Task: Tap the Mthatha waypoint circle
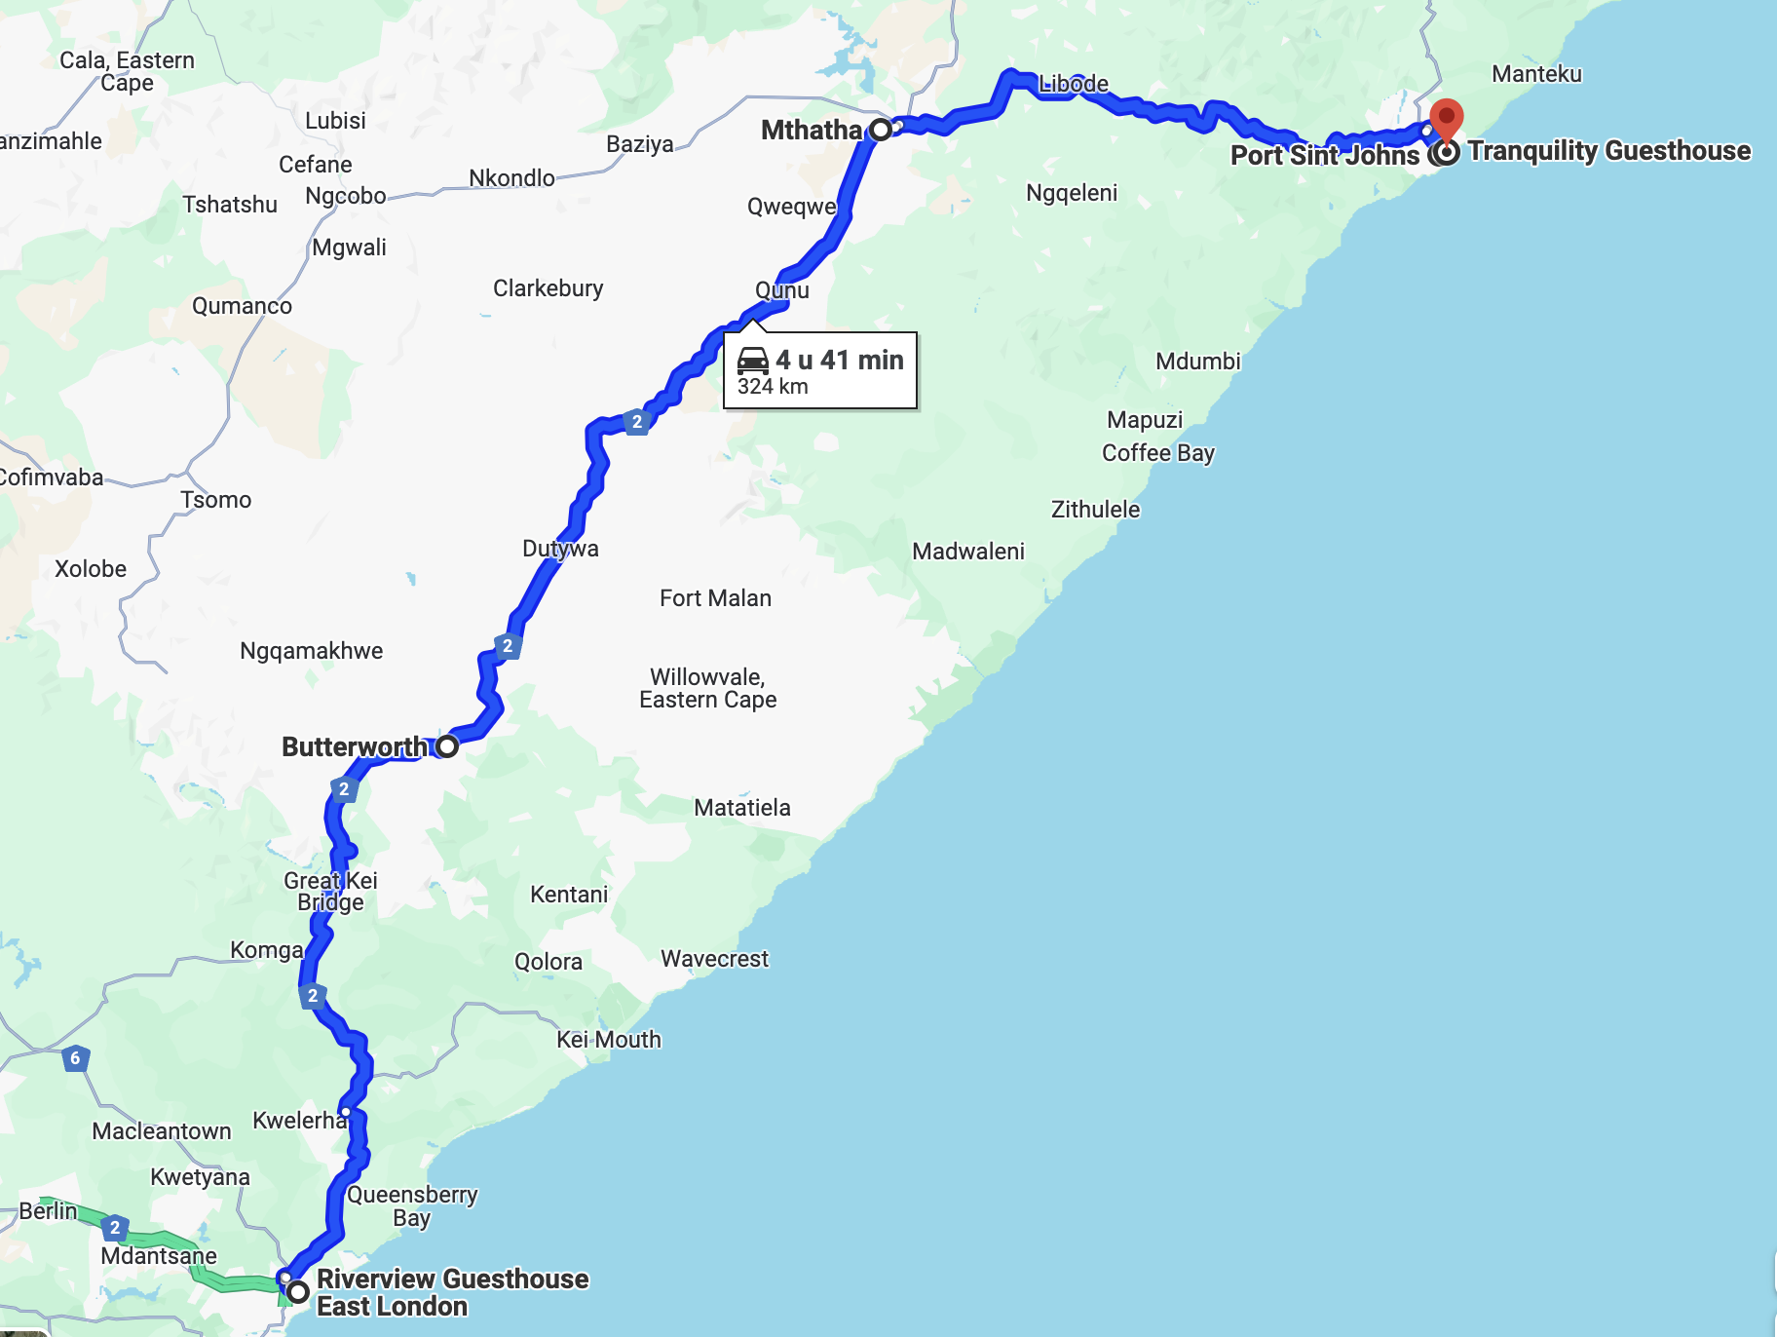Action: pos(881,130)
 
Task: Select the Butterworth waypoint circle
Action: pos(447,746)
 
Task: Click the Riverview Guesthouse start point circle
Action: pos(298,1292)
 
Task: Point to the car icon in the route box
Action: pos(753,361)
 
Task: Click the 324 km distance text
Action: pos(773,387)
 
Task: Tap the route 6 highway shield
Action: pos(75,1057)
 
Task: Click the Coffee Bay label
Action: pos(1157,453)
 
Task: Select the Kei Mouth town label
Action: pos(608,1040)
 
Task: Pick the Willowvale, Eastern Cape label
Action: pos(707,688)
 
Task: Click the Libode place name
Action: pos(1073,84)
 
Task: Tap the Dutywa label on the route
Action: pos(560,549)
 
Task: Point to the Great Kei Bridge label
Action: pos(330,892)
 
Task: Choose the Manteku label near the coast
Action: pos(1536,74)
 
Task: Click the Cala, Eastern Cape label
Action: pos(127,71)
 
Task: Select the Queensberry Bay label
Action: pos(412,1206)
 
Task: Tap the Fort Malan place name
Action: pos(715,598)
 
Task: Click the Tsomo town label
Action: pos(215,500)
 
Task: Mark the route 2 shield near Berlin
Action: pos(115,1227)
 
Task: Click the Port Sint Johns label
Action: pos(1324,156)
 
